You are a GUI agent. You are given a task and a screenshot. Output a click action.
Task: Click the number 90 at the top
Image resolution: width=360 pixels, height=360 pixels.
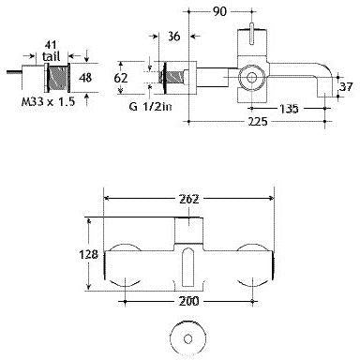(x=219, y=12)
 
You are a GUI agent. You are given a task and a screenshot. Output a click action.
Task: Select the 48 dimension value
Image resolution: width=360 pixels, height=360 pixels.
(x=85, y=78)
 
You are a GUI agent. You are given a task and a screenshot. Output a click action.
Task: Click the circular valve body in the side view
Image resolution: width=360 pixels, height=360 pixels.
(x=250, y=78)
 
